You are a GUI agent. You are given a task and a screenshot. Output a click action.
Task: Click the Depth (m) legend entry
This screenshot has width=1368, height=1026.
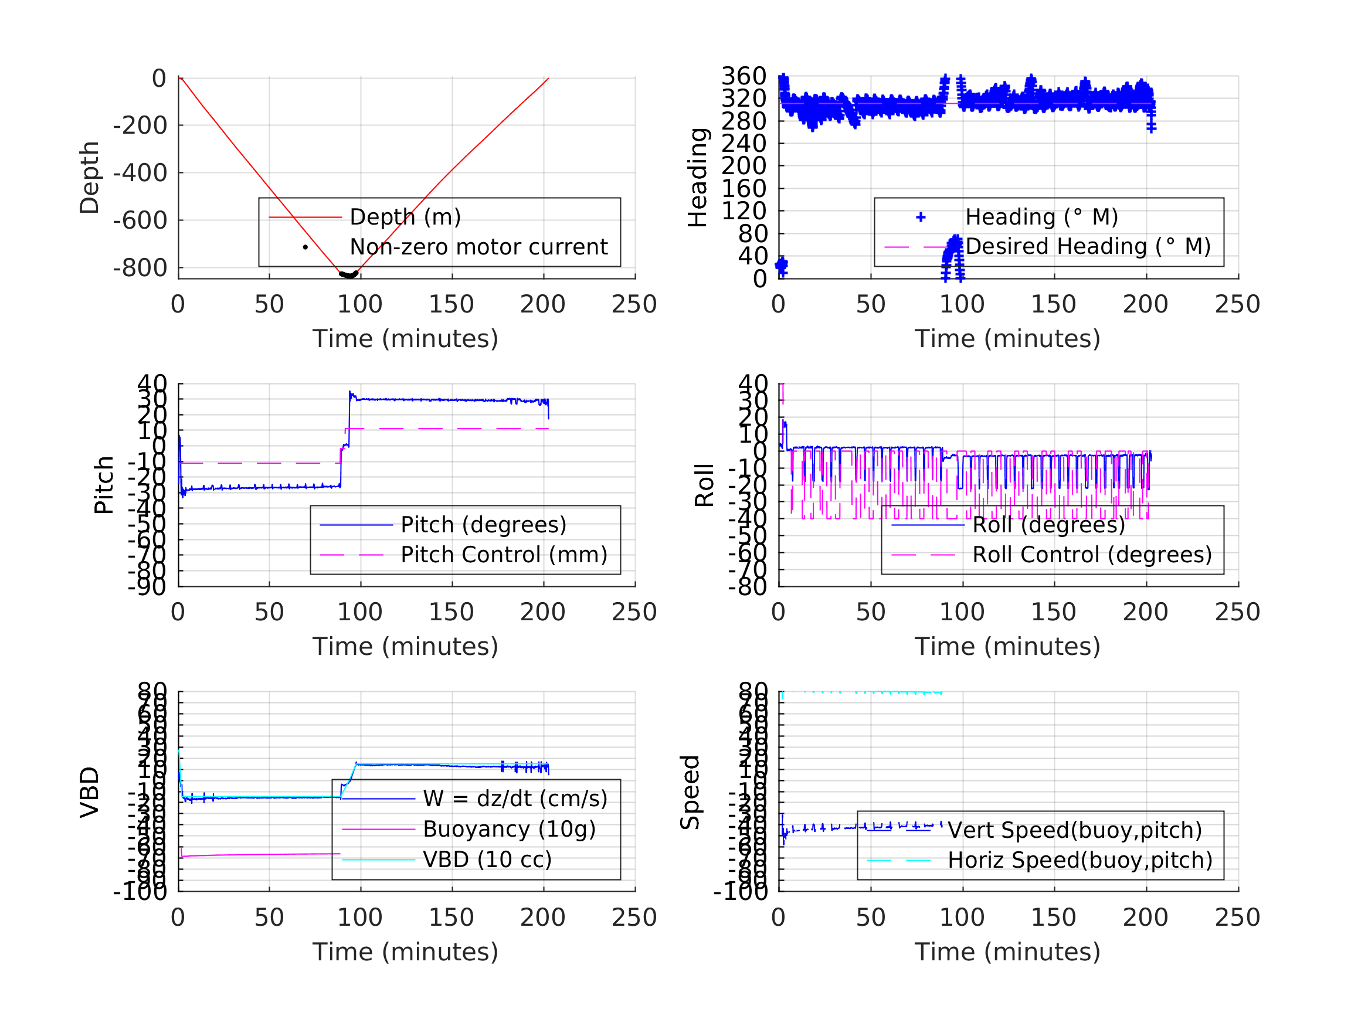(405, 217)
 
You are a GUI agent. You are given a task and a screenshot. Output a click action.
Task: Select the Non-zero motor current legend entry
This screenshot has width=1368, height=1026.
(478, 247)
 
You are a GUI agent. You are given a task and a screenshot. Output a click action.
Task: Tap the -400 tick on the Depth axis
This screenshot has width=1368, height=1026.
(140, 173)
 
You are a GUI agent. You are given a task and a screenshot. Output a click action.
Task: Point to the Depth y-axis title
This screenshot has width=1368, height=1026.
(90, 178)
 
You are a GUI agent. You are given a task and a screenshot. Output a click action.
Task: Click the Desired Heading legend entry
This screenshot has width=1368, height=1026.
(1087, 247)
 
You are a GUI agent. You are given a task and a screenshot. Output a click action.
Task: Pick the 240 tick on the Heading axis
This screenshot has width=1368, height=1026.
(744, 144)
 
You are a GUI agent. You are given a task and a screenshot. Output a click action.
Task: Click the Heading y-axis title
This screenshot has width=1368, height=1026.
(698, 178)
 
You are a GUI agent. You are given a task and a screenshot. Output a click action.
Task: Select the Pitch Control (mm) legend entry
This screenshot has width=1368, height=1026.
(504, 555)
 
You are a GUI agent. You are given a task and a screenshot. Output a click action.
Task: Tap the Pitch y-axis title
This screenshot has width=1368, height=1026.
(104, 485)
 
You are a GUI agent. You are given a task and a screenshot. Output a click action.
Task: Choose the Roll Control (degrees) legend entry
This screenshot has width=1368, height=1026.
(1092, 555)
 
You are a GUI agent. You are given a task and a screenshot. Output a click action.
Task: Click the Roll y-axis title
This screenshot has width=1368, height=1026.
(704, 485)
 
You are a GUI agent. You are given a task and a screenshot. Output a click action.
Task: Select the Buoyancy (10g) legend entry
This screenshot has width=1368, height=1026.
(509, 830)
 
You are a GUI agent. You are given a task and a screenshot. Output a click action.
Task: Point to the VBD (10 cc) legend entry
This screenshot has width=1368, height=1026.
(487, 859)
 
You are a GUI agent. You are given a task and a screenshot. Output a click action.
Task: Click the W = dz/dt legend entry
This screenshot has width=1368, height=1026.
(515, 799)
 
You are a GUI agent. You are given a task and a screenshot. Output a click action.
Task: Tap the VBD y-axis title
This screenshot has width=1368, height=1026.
(90, 792)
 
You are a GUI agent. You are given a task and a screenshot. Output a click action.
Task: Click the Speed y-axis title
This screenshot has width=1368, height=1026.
(690, 792)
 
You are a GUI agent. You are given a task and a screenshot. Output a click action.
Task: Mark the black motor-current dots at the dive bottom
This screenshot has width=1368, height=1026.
(349, 274)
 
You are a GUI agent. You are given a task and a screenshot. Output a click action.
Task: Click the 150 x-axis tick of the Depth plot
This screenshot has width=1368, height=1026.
(452, 304)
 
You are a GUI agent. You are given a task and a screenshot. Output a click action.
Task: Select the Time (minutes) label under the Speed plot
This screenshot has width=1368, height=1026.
(1007, 952)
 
